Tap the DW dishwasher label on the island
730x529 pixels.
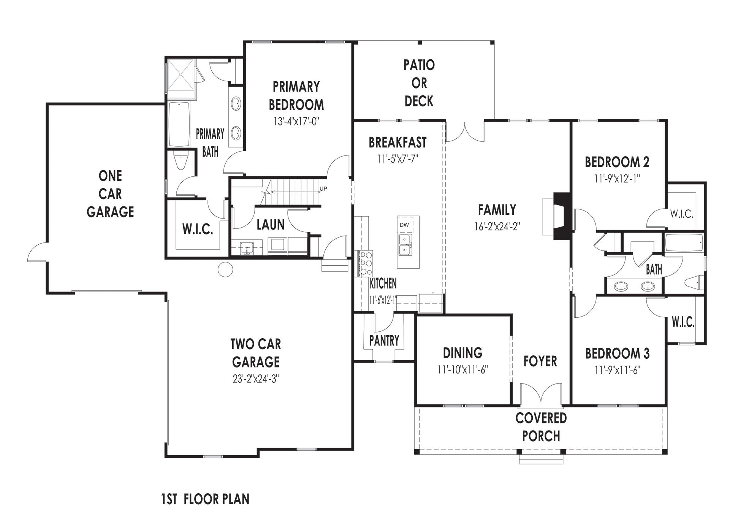point(404,225)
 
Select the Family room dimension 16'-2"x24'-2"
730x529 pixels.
point(497,226)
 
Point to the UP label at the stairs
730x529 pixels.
point(323,188)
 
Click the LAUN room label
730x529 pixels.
point(271,225)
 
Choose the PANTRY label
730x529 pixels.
point(384,341)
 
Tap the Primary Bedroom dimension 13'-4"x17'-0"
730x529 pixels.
point(296,121)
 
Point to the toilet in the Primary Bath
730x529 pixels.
point(181,161)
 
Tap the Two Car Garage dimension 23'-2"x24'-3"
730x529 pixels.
point(256,379)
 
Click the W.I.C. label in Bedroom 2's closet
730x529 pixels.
point(682,214)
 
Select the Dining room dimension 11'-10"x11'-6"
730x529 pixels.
point(462,369)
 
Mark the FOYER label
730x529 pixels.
point(540,361)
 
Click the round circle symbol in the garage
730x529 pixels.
point(225,269)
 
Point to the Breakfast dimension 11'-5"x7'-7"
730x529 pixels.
point(397,158)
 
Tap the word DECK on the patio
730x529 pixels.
point(419,101)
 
